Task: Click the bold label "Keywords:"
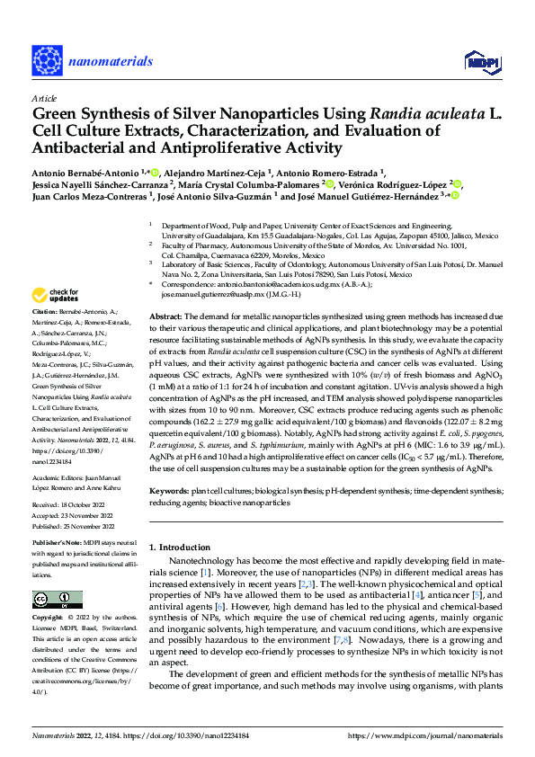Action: pyautogui.click(x=168, y=491)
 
